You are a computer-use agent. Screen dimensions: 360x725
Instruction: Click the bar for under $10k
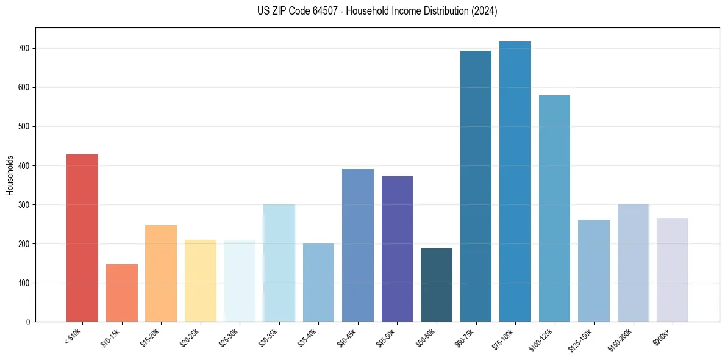click(x=82, y=238)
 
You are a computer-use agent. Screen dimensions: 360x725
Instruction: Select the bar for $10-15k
click(x=122, y=293)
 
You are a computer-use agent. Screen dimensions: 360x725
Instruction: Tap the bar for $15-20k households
click(x=161, y=273)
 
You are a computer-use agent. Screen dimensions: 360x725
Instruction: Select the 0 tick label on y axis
click(x=29, y=322)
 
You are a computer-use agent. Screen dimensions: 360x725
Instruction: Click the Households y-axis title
click(x=10, y=175)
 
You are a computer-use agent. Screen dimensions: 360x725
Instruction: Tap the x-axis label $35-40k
click(x=309, y=337)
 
